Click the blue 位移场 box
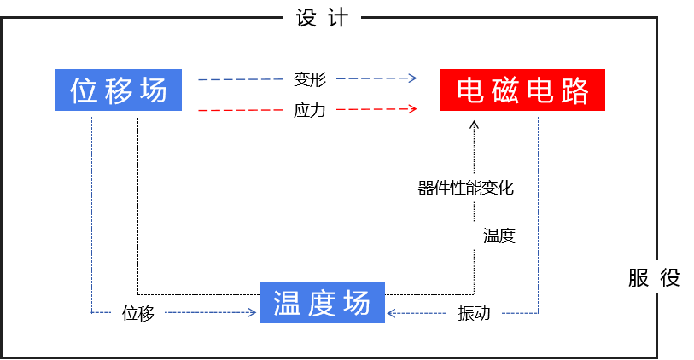coord(119,89)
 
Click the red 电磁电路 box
coord(522,89)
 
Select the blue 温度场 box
coord(322,304)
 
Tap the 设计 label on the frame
coord(322,18)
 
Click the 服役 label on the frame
coord(654,277)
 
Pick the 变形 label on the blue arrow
coord(309,79)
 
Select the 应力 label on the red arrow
coord(309,110)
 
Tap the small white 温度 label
coord(499,236)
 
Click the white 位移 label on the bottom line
coord(137,313)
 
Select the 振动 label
coord(474,313)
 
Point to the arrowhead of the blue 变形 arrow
coord(413,78)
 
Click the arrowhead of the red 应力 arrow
coord(413,109)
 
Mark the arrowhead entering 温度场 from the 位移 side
coord(253,313)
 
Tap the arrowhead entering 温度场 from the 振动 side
coord(391,313)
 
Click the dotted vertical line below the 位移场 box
coord(91,213)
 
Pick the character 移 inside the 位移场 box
coord(119,89)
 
